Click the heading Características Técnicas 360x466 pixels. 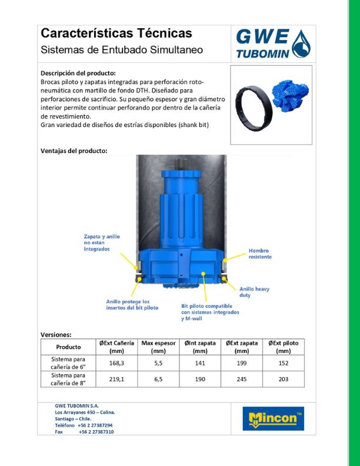coord(116,33)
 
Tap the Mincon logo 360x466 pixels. coord(272,418)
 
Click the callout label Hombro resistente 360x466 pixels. coord(260,254)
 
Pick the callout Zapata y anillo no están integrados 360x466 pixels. coord(101,242)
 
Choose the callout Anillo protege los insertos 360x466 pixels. coord(132,304)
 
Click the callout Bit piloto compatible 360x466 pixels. coord(210,312)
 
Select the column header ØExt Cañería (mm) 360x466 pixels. coord(116,347)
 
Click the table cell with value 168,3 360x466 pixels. coord(116,363)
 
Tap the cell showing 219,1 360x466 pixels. coord(116,379)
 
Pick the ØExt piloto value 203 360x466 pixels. coord(283,379)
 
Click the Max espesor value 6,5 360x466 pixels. coord(158,379)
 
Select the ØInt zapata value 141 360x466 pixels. coord(200,363)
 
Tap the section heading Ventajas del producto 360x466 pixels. coord(74,151)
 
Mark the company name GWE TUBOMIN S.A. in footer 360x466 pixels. coord(76,405)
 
